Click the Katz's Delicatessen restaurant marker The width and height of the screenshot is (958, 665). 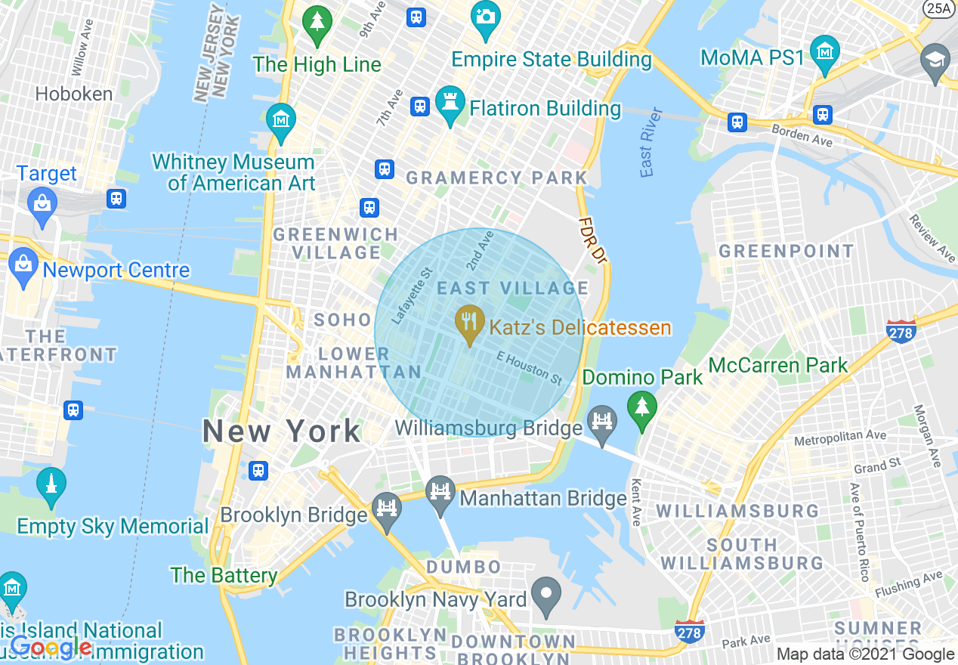[469, 323]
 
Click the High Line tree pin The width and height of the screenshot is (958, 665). [317, 23]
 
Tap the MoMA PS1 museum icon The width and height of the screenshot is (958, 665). [824, 52]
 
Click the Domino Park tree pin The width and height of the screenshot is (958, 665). [641, 409]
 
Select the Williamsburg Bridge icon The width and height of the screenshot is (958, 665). [602, 424]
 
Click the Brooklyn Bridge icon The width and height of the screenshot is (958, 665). [387, 510]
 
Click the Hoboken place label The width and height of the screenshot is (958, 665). [74, 94]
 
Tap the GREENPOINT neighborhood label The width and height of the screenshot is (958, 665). [786, 251]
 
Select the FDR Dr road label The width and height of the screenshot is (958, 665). [593, 240]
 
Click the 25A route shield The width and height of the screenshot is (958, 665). [938, 8]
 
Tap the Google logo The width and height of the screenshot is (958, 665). [51, 647]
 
